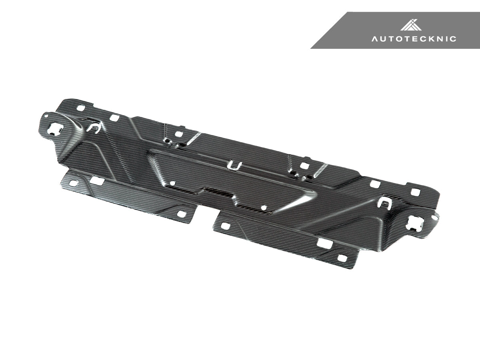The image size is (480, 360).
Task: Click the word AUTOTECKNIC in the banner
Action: click(x=414, y=39)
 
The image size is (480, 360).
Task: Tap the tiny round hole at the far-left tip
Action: click(x=47, y=116)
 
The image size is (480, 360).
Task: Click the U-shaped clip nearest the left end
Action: click(x=94, y=127)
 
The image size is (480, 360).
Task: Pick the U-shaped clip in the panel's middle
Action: click(x=233, y=165)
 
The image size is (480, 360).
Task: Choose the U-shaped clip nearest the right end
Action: click(x=385, y=204)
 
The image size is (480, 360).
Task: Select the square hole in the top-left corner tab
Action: click(x=82, y=108)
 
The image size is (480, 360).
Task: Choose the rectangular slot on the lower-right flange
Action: click(x=323, y=243)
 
